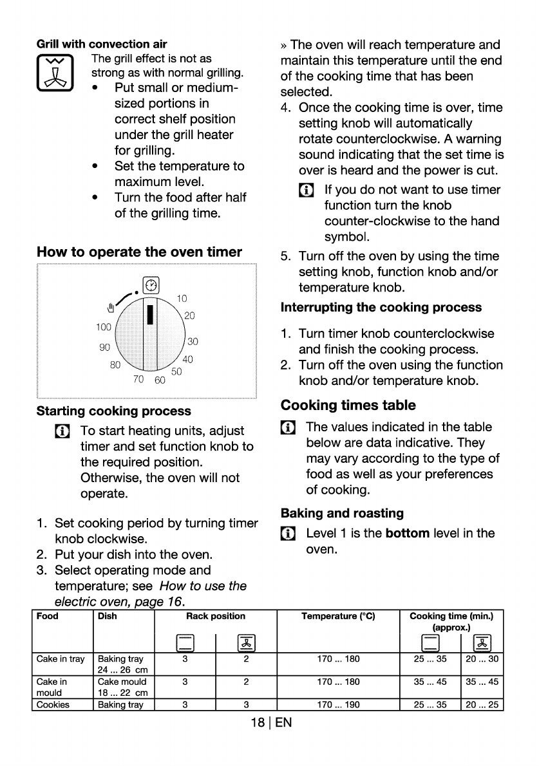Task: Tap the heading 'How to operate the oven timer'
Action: tap(140, 252)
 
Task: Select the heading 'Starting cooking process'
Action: tap(114, 411)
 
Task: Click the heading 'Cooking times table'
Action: tap(348, 406)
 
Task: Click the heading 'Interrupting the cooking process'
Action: tap(381, 307)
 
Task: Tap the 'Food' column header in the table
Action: tap(48, 616)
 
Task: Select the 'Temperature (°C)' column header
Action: tap(338, 616)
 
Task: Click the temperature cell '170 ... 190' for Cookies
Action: tap(338, 704)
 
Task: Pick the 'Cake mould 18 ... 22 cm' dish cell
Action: tap(122, 686)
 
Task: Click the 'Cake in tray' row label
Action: tap(61, 659)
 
